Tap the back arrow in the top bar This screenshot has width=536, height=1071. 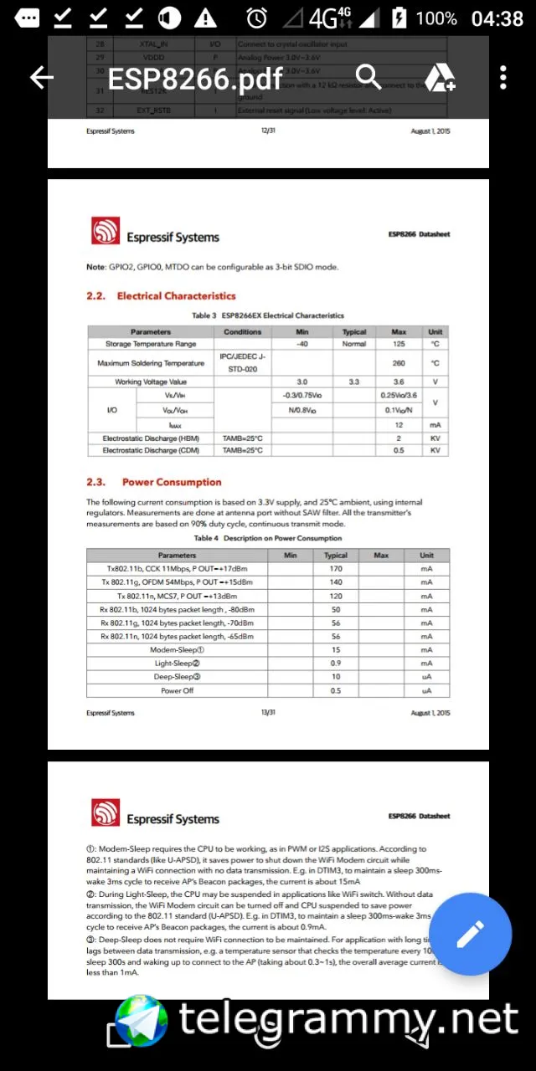pos(41,78)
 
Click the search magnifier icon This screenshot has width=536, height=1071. pos(368,78)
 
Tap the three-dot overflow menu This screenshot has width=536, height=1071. pos(502,78)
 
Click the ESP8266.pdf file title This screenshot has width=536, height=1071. pos(195,79)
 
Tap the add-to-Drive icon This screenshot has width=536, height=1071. pos(439,78)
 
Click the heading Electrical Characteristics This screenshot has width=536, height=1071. pos(176,296)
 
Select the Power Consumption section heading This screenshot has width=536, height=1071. pos(172,482)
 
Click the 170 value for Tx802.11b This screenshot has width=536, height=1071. pos(336,569)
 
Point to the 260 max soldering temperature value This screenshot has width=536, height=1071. pos(399,364)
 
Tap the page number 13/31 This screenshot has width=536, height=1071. pos(268,713)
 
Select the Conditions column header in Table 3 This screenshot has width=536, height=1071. pos(243,332)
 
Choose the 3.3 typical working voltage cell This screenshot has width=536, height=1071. pos(354,382)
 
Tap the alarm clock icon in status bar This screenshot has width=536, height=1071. pos(256,18)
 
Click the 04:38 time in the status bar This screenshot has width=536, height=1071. pos(497,18)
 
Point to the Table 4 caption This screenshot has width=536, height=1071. pos(268,538)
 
